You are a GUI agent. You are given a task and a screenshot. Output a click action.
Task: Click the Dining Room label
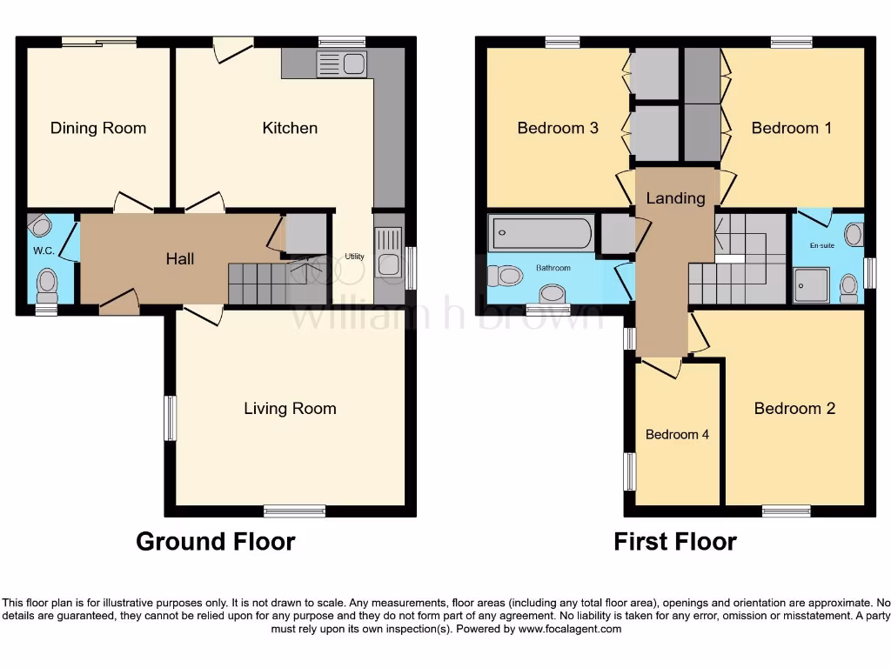coord(98,128)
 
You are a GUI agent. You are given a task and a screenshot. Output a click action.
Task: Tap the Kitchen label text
coord(290,128)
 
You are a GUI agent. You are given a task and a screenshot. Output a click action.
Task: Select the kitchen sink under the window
coord(342,63)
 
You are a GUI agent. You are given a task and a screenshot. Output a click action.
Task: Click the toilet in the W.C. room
coord(47,282)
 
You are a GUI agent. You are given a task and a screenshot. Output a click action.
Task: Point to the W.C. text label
coord(44,251)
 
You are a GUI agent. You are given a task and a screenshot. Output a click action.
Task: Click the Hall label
coord(180,258)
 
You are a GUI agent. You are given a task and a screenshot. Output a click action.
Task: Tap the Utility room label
coord(354,257)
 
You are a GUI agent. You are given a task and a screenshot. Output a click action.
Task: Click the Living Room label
coord(290,408)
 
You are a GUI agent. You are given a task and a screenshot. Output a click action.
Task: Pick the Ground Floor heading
coord(216,541)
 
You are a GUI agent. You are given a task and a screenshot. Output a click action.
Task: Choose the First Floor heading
coord(675,541)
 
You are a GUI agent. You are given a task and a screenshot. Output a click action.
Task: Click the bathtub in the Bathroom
coord(542,233)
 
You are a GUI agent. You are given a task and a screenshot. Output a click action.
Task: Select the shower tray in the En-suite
coord(811,284)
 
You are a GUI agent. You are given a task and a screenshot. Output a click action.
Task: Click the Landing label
coord(675,197)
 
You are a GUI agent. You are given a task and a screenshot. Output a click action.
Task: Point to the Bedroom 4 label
coord(677,434)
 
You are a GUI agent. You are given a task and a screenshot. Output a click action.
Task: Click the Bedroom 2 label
coord(794,408)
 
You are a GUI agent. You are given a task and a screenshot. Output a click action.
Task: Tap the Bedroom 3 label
coord(558,128)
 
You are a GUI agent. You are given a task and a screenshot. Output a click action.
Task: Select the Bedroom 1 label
coord(792,128)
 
